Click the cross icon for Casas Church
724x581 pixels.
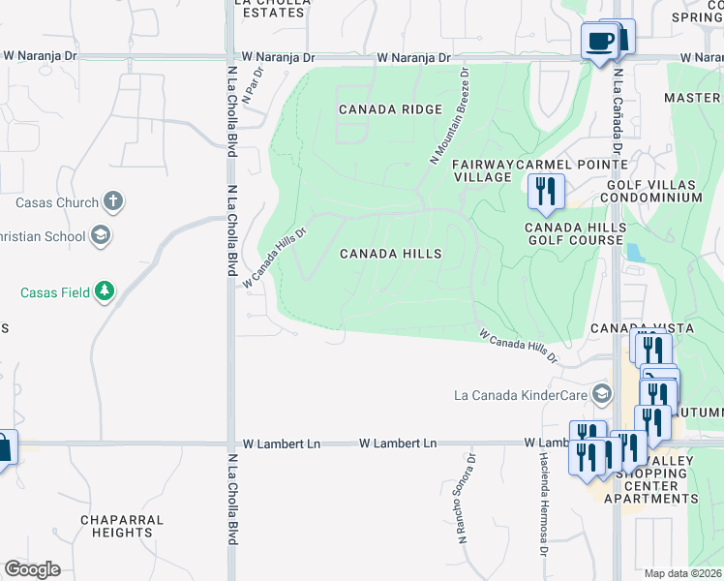(113, 202)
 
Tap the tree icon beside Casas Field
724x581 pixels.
(104, 291)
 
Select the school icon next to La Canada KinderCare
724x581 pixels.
(603, 394)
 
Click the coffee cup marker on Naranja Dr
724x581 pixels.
(598, 42)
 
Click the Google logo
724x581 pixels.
(32, 568)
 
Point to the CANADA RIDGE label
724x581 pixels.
(390, 109)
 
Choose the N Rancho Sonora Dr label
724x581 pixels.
(468, 498)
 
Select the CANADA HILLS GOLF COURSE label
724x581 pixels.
(575, 233)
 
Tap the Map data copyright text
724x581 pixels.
(682, 573)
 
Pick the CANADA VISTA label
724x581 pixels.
(643, 328)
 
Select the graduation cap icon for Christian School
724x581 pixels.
(99, 235)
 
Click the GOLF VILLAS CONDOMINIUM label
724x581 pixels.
(653, 190)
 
